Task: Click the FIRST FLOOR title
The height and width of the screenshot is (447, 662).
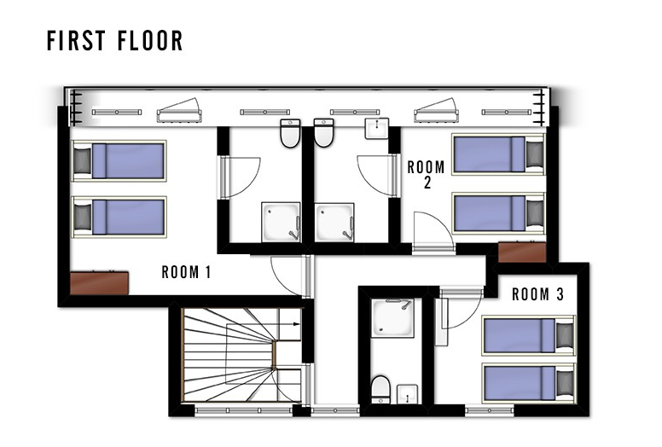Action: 115,41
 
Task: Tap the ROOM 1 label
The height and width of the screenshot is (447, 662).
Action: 186,272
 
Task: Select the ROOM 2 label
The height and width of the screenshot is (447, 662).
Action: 426,174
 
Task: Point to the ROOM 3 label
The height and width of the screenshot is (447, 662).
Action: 537,294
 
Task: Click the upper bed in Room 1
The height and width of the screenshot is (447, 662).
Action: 119,161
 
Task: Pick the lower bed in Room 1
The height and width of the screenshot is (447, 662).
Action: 119,217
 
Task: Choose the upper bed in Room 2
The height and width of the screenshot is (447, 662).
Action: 498,154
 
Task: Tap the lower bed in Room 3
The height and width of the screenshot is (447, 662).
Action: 529,383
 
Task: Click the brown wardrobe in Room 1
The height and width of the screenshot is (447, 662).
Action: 99,283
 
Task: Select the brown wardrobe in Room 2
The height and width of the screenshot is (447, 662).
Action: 522,253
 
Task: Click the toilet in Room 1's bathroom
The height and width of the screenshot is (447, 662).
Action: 290,133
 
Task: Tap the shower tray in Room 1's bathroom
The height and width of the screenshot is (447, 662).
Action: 281,222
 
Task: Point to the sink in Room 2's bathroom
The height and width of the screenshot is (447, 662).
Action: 376,128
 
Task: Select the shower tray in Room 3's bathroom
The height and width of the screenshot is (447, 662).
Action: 392,318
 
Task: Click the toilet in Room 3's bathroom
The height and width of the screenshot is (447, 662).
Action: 380,390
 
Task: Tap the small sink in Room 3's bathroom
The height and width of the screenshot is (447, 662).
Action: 408,394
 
